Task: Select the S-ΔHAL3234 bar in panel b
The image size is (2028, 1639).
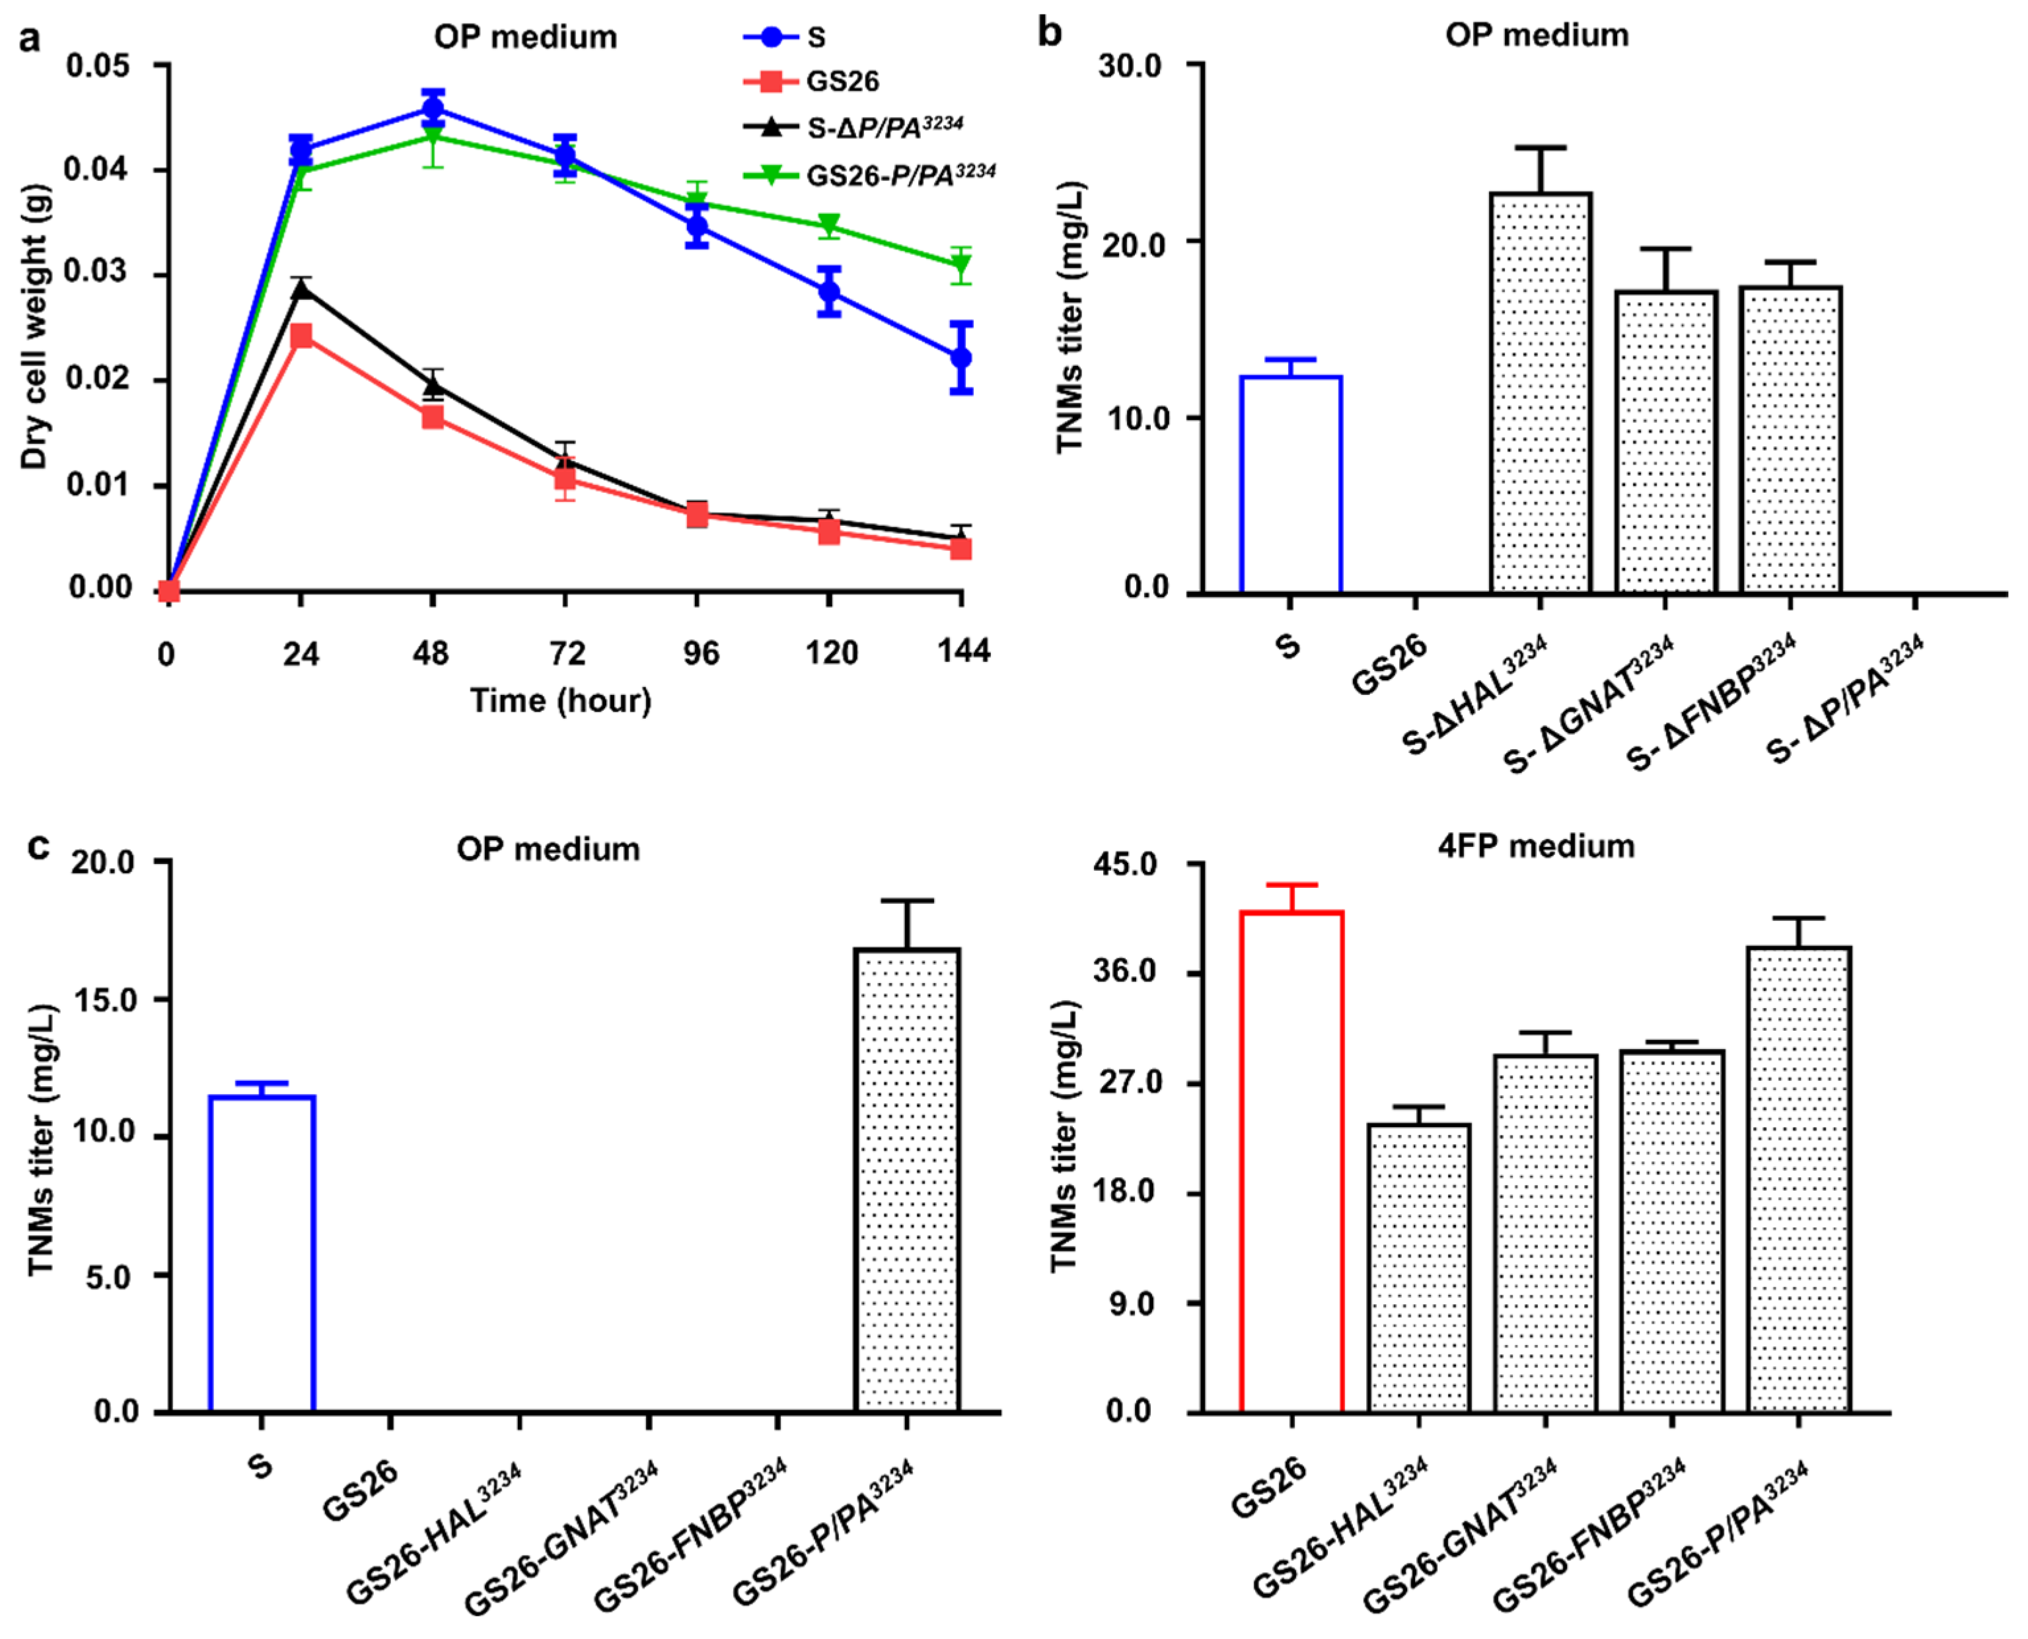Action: pyautogui.click(x=1540, y=393)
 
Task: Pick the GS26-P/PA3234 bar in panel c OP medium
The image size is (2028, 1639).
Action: pyautogui.click(x=906, y=1179)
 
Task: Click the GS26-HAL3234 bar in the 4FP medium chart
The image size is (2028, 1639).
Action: pyautogui.click(x=1419, y=1267)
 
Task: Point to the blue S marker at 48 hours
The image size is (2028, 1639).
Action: pyautogui.click(x=433, y=108)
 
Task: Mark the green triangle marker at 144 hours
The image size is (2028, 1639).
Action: pyautogui.click(x=961, y=266)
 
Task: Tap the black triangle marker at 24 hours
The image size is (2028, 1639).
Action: pyautogui.click(x=301, y=289)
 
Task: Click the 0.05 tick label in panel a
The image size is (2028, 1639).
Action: pyautogui.click(x=98, y=66)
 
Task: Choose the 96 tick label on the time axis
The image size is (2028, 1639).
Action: pyautogui.click(x=700, y=653)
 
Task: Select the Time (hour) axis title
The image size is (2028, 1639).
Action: pyautogui.click(x=561, y=700)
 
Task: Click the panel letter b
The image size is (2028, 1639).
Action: pyautogui.click(x=1049, y=33)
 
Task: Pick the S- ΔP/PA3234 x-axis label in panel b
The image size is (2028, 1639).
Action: pyautogui.click(x=1846, y=700)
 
